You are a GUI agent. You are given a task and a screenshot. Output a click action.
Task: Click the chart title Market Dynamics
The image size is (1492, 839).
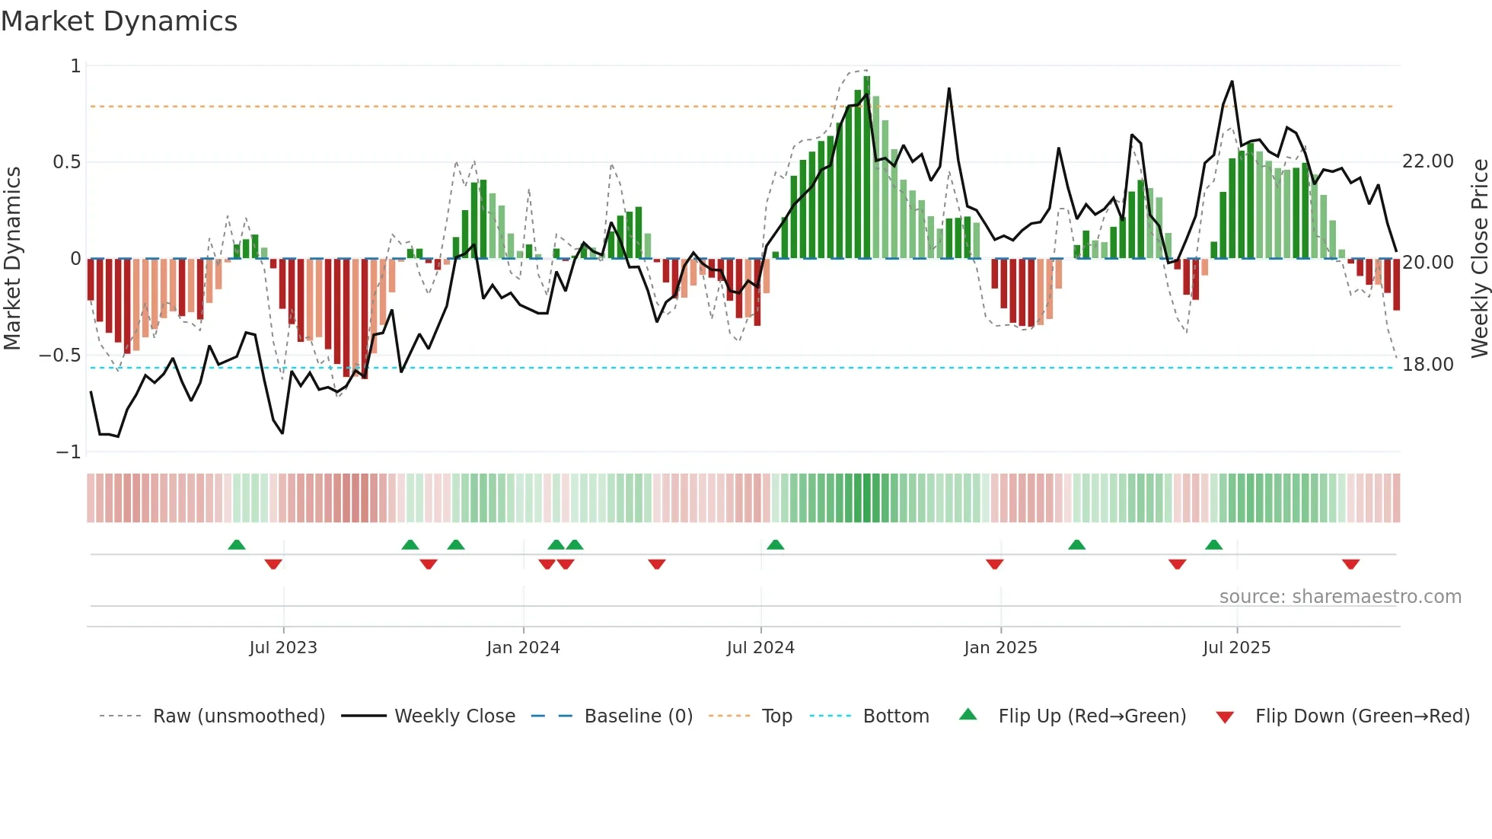click(119, 21)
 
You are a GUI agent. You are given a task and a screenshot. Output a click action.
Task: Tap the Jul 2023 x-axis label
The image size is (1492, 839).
click(283, 648)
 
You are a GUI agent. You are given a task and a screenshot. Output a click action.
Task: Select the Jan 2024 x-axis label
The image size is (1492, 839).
click(523, 648)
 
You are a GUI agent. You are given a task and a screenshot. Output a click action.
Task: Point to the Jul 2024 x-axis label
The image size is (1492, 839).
click(760, 648)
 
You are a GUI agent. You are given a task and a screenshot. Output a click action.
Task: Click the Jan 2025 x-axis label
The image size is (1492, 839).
click(1000, 648)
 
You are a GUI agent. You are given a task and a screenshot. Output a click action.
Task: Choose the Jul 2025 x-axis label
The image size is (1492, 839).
click(1236, 648)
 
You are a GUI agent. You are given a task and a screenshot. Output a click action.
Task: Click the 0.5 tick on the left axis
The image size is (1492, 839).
click(66, 162)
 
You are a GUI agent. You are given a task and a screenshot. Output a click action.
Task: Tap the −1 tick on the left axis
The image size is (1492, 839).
click(68, 452)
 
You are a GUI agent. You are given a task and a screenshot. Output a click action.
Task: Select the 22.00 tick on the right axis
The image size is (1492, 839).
click(1428, 161)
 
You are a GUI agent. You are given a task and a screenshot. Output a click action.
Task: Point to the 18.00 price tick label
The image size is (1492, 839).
click(1428, 365)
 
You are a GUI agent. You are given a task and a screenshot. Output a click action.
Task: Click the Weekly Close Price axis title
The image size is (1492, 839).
click(1479, 259)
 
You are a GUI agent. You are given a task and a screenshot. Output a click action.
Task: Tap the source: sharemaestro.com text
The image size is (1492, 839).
click(1340, 597)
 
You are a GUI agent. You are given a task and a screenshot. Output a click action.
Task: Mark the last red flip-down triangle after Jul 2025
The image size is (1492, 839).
click(1350, 564)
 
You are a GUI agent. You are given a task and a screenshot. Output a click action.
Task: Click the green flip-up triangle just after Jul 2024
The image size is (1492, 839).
click(775, 544)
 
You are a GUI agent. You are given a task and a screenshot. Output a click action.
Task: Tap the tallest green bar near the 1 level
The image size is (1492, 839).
click(867, 167)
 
